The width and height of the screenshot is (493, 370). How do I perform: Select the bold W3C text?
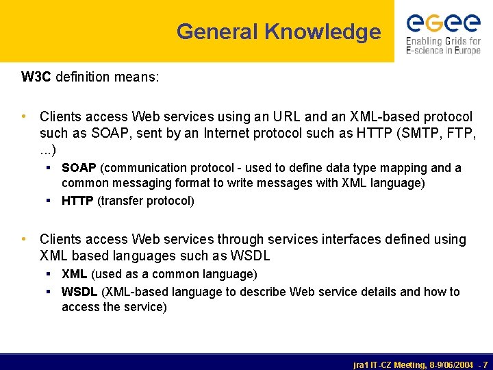tap(36, 77)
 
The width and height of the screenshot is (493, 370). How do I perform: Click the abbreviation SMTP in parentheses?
tap(416, 134)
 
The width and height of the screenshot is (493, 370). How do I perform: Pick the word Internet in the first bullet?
tap(229, 134)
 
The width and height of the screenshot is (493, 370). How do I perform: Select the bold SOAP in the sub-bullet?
tap(79, 168)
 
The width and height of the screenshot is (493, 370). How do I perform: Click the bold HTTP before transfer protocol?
tap(78, 201)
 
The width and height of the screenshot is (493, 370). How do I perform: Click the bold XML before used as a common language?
tap(74, 274)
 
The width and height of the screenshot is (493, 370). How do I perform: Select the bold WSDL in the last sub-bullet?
tap(79, 292)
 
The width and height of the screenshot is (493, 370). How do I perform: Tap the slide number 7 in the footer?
tap(485, 365)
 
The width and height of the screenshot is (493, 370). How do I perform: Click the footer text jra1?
tap(362, 365)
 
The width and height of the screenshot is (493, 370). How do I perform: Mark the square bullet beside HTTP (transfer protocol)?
tap(49, 201)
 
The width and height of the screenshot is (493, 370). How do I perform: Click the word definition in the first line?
tap(81, 77)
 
